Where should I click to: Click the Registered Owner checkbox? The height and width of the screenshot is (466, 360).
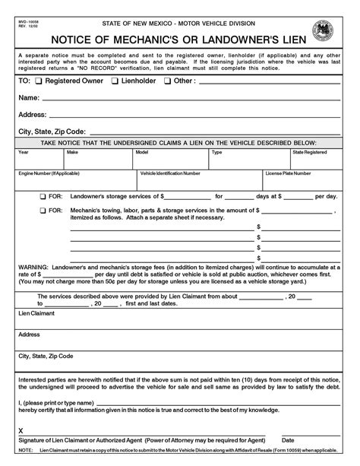point(39,80)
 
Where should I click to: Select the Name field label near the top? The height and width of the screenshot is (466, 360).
point(28,97)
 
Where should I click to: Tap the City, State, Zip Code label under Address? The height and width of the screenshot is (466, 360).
point(51,131)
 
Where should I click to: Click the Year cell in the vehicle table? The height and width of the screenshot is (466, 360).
point(24,152)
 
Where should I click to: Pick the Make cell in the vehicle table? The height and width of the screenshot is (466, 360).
point(72,152)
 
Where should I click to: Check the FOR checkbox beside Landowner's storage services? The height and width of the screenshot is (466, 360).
point(42,196)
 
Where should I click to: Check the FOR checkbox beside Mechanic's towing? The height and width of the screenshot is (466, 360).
point(42,209)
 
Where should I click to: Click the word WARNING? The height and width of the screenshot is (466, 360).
point(33,268)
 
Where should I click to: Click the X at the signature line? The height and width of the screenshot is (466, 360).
point(21,430)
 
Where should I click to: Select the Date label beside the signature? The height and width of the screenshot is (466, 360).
point(288,439)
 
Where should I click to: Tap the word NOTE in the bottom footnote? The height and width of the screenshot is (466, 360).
point(25,449)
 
